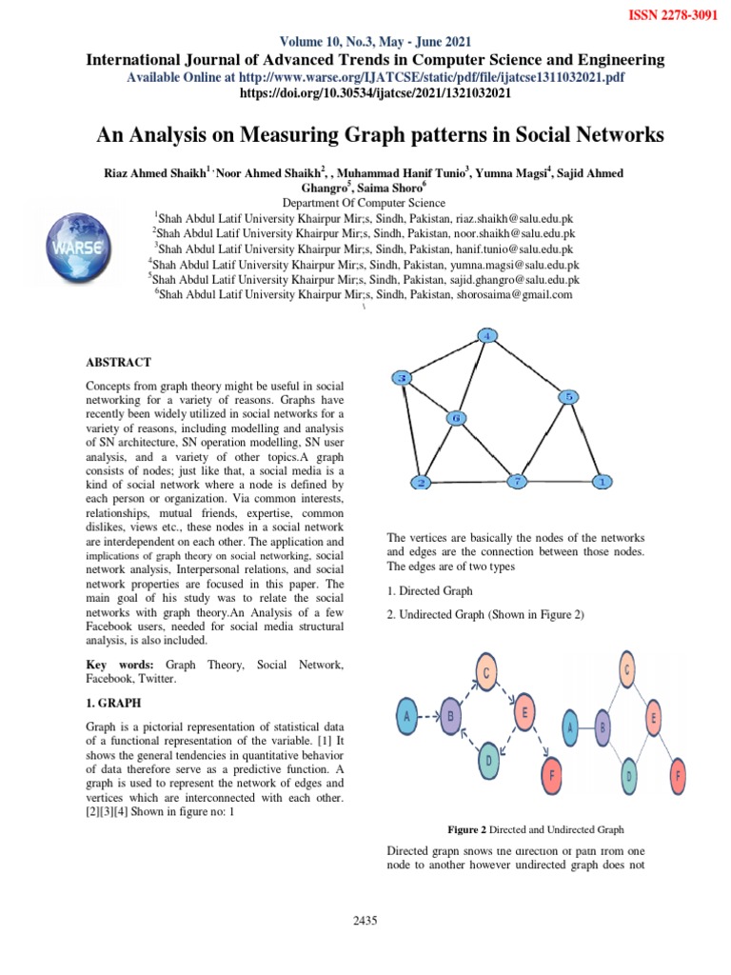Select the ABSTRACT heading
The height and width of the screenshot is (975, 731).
[119, 362]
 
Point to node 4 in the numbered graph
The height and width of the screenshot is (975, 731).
[486, 336]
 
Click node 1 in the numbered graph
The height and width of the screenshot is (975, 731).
[602, 482]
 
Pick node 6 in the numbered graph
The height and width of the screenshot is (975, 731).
[456, 418]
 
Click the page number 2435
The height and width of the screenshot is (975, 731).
[365, 920]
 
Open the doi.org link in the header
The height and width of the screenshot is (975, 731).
[377, 93]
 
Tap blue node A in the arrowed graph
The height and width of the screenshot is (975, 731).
[408, 715]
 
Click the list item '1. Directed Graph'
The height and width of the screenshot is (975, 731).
[429, 591]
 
